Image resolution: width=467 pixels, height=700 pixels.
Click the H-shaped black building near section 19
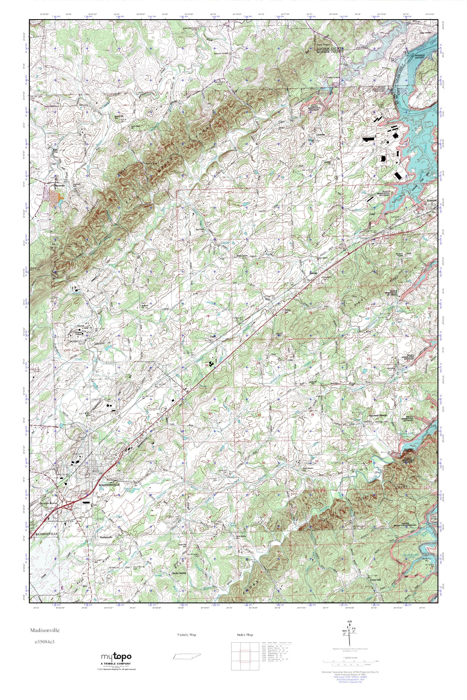pos(212,364)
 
